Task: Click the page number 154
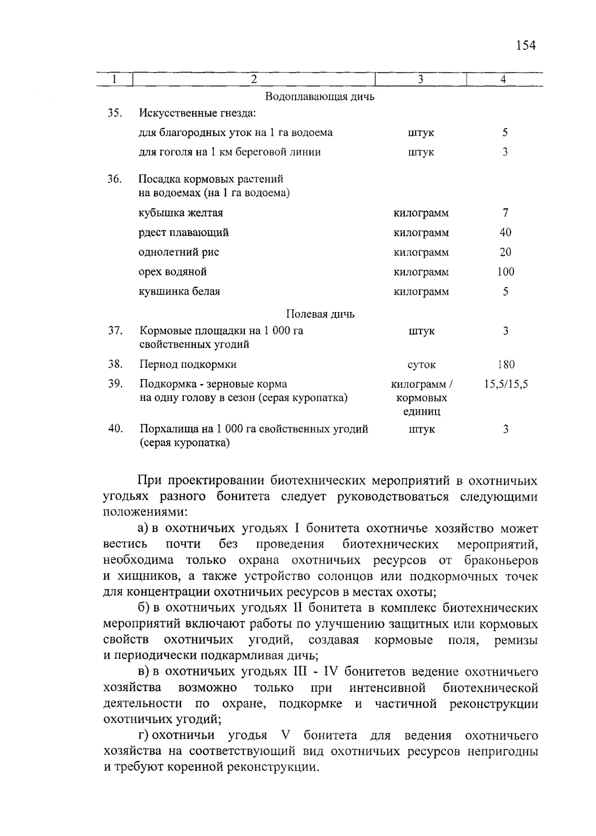point(526,46)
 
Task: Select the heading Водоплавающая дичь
point(319,96)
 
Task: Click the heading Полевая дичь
point(320,314)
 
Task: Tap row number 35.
point(115,113)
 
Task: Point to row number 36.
point(115,179)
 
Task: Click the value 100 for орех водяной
point(505,271)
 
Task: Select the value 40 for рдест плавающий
point(505,232)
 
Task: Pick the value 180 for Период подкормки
point(506,364)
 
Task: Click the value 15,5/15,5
point(506,384)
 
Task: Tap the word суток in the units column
point(421,365)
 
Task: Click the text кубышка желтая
point(181,213)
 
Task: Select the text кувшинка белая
point(179,291)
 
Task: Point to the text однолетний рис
point(179,252)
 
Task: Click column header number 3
point(420,79)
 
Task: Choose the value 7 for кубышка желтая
point(505,213)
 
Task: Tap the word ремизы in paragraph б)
point(516,640)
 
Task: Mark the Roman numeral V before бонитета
point(285,735)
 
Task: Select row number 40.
point(115,429)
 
